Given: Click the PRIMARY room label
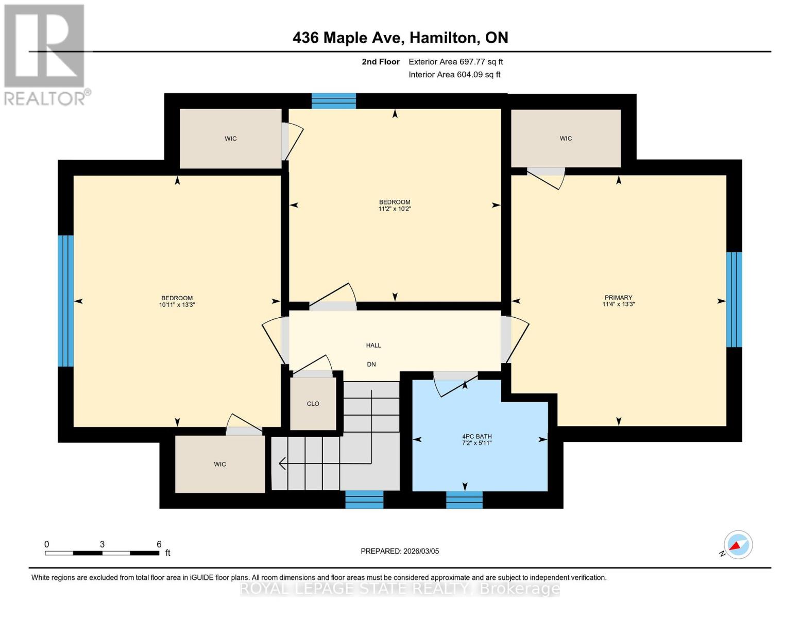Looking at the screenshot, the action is pyautogui.click(x=618, y=297).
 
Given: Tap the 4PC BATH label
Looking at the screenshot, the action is pyautogui.click(x=477, y=437).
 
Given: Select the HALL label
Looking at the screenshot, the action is pyautogui.click(x=373, y=345).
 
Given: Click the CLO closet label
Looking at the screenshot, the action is pyautogui.click(x=313, y=404).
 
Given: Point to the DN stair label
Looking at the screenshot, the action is pyautogui.click(x=371, y=365).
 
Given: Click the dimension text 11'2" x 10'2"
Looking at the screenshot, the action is pyautogui.click(x=395, y=209).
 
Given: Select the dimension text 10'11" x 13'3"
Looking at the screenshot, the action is pyautogui.click(x=177, y=305).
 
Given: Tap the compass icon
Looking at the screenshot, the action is pyautogui.click(x=738, y=545).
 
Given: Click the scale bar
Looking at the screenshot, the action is pyautogui.click(x=102, y=553).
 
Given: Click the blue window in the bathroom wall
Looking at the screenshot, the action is pyautogui.click(x=464, y=500).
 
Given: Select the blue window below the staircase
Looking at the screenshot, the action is pyautogui.click(x=364, y=500).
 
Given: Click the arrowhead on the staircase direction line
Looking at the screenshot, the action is pyautogui.click(x=282, y=463).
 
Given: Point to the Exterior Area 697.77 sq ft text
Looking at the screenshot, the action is pyautogui.click(x=456, y=62).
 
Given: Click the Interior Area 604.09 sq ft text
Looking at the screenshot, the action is pyautogui.click(x=454, y=75).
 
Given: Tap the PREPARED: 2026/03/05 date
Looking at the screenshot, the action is pyautogui.click(x=400, y=552).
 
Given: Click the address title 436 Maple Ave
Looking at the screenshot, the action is pyautogui.click(x=348, y=38).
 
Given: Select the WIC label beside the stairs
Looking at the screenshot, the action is pyautogui.click(x=220, y=465).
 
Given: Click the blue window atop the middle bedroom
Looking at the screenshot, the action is pyautogui.click(x=334, y=101).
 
